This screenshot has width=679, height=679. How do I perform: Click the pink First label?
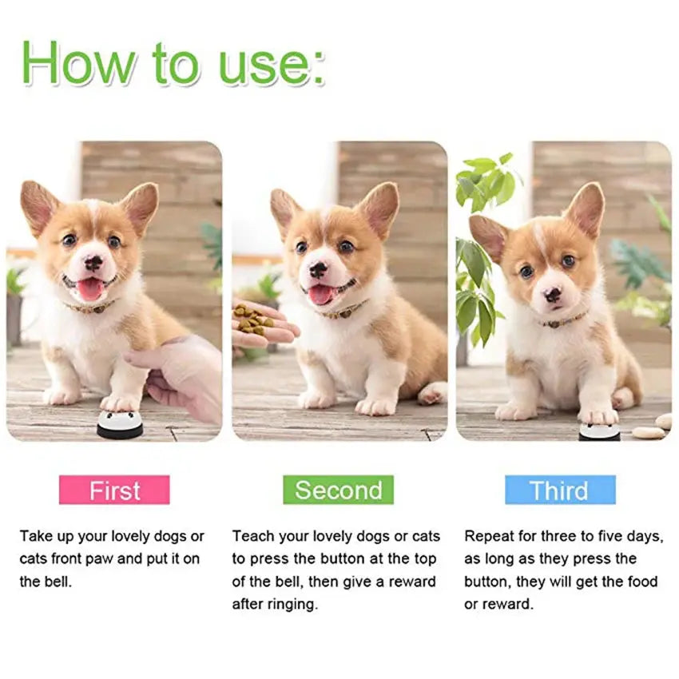coord(114,490)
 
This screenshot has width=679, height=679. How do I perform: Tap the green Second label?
coord(338,490)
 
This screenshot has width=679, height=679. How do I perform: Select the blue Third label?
coord(559,490)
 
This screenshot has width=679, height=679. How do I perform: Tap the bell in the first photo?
coord(120,425)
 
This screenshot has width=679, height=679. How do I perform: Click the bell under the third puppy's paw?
coord(599,432)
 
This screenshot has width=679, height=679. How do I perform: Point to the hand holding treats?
coord(260,324)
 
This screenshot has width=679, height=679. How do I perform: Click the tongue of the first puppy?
coord(89,289)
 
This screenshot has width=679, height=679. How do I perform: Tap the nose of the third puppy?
coord(553,295)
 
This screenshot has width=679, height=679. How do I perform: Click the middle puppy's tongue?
coord(321,295)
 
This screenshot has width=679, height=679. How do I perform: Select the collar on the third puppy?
coord(564,321)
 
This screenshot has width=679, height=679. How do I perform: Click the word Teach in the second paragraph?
coord(252,536)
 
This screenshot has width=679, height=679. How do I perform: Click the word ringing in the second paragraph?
coord(291,604)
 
